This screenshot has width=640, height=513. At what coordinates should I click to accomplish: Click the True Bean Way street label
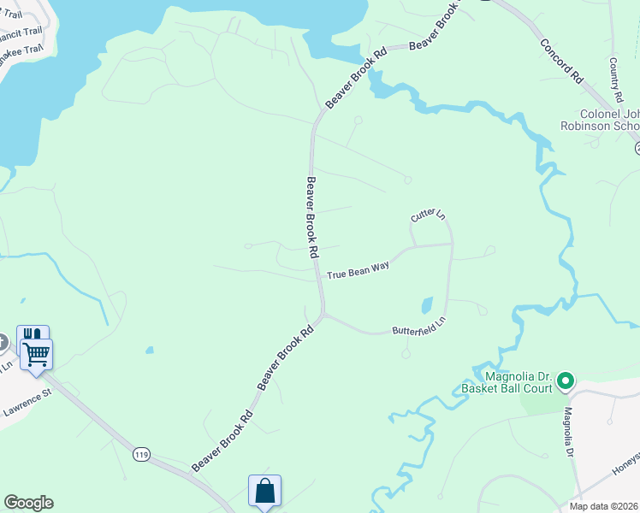358,271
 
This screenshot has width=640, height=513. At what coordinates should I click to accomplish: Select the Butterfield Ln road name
419,327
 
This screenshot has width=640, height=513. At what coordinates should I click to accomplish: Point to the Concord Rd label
561,61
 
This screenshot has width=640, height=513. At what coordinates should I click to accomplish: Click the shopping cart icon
37,353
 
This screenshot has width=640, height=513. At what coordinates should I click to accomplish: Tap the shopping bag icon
264,491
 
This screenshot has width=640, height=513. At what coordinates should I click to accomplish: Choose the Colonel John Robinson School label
609,120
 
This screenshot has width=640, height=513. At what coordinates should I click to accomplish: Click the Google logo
28,503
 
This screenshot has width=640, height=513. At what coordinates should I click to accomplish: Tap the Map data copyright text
604,506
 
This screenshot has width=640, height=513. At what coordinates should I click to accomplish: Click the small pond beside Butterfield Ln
427,305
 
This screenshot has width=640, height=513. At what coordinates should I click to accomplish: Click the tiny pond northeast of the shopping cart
150,350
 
